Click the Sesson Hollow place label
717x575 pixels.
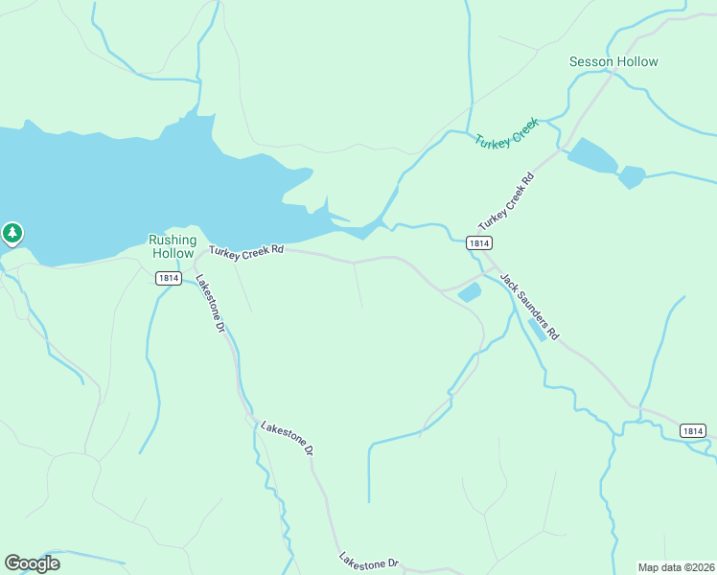[613, 61]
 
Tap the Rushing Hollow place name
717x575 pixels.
[173, 246]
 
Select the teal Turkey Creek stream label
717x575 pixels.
[507, 132]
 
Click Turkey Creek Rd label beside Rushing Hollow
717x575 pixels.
[247, 250]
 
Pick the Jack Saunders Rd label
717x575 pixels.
[529, 306]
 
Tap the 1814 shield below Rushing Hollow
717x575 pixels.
[169, 278]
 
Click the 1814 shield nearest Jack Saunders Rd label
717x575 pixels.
[480, 243]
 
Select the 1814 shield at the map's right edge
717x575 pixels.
[695, 431]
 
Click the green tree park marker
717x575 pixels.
[12, 232]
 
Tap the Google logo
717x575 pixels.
[32, 563]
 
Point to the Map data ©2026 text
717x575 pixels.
[675, 566]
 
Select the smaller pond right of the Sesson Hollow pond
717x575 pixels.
[631, 177]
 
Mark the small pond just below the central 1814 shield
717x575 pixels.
[470, 292]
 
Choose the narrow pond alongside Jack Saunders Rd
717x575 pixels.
[538, 331]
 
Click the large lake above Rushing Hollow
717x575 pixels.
[144, 182]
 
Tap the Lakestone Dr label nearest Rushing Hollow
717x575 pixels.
[209, 304]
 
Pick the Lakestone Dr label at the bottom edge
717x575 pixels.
[368, 562]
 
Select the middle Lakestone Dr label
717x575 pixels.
[287, 436]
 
